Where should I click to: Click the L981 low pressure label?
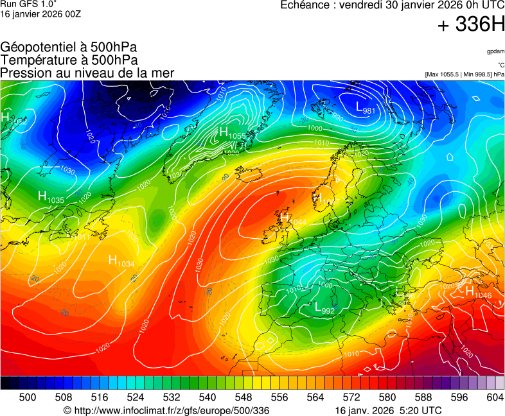(366, 107)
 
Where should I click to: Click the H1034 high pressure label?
(121, 261)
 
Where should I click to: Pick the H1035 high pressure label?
(51, 198)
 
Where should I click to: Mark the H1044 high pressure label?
(293, 219)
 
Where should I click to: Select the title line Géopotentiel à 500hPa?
(69, 48)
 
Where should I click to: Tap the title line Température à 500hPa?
(69, 60)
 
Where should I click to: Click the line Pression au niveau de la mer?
(87, 73)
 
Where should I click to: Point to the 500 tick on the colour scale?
(27, 397)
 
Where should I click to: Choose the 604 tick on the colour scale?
(495, 397)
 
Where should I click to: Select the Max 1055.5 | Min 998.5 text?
(465, 74)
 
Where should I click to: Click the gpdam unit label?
(495, 51)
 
